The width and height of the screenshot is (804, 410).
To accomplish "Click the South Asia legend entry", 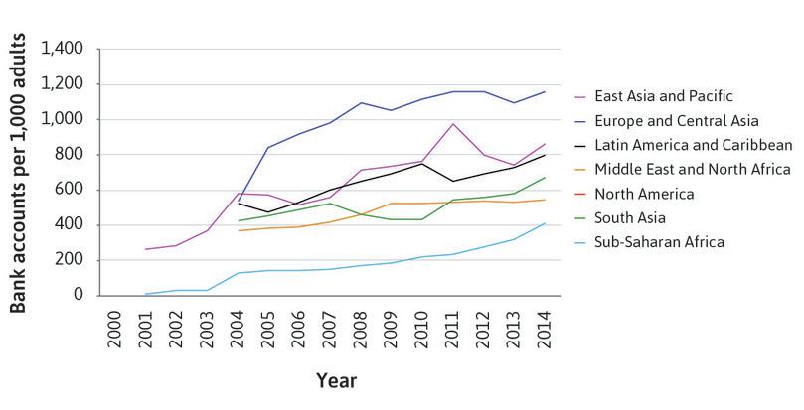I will tap(631, 217).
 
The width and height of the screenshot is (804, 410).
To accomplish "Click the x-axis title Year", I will tap(337, 380).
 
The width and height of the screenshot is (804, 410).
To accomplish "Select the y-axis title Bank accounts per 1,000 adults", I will tap(19, 172).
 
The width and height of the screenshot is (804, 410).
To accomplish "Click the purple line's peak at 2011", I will tap(452, 124).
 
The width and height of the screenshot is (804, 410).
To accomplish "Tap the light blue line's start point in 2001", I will tap(145, 294).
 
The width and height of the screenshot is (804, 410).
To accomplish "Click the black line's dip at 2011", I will tap(452, 181).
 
